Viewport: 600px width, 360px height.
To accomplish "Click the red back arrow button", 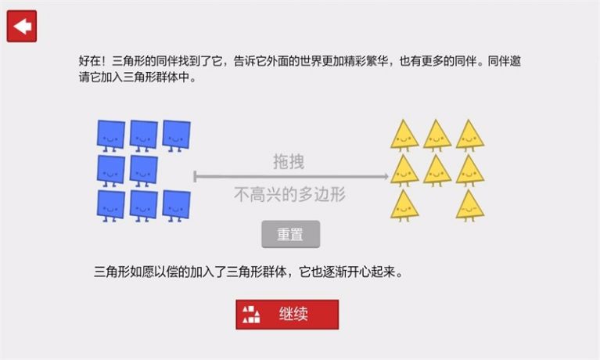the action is pyautogui.click(x=22, y=26).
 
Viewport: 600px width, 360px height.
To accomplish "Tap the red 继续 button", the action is pyautogui.click(x=287, y=315).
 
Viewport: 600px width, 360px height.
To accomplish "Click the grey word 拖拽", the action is pyautogui.click(x=289, y=162).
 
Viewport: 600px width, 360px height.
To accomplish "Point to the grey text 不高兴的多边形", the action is pyautogui.click(x=289, y=194).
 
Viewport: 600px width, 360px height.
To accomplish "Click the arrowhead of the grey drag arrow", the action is pyautogui.click(x=386, y=177).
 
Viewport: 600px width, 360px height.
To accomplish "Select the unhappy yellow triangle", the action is pyautogui.click(x=470, y=206).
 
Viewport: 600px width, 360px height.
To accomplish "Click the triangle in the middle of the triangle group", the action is pyautogui.click(x=437, y=171).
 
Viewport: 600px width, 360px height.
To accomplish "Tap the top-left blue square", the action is pyautogui.click(x=110, y=135).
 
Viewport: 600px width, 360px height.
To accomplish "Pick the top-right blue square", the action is pyautogui.click(x=176, y=135).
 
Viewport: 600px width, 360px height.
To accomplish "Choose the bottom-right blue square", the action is pyautogui.click(x=176, y=206).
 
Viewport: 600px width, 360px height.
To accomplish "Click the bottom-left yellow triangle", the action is pyautogui.click(x=404, y=206).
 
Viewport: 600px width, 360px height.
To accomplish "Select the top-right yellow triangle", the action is pyautogui.click(x=470, y=135).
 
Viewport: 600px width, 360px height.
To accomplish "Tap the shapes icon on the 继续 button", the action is pyautogui.click(x=251, y=315).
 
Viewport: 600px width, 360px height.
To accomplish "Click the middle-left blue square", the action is pyautogui.click(x=110, y=171).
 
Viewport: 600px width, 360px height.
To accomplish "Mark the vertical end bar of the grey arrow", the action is pyautogui.click(x=195, y=177).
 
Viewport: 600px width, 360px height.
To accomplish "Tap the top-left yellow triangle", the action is pyautogui.click(x=404, y=135).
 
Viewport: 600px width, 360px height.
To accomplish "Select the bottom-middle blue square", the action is pyautogui.click(x=143, y=206).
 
